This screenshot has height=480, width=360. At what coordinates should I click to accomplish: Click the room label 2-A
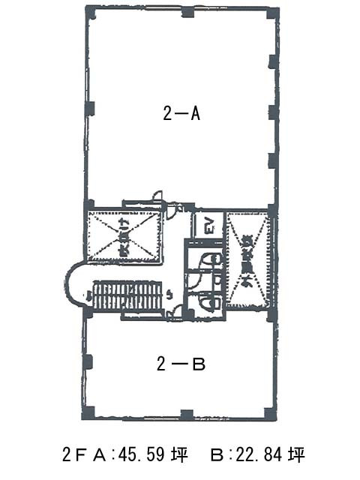point(181,114)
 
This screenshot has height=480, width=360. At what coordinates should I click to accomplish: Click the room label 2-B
point(181,364)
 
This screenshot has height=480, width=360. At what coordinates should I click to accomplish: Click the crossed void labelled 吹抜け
point(125,236)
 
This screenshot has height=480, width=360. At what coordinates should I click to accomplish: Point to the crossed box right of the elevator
point(247,259)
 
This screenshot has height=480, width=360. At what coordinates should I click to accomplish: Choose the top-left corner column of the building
point(90,13)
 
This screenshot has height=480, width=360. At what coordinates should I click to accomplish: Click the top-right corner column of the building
point(273,13)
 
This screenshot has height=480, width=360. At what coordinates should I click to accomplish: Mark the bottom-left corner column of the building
point(88,413)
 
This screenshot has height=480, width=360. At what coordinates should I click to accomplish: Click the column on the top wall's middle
point(187,12)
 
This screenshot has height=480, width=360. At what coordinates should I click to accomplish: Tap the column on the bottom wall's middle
point(187,413)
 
